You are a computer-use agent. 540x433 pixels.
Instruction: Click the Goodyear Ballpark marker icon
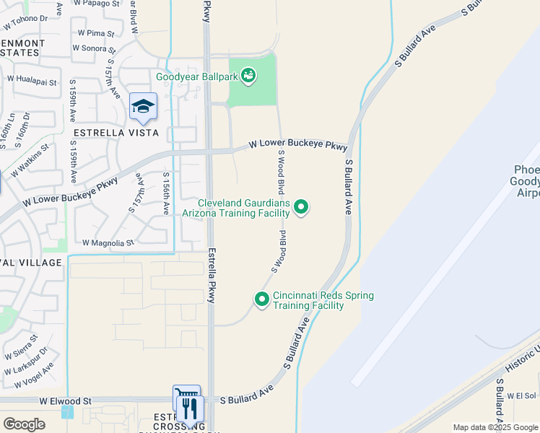coord(249,75)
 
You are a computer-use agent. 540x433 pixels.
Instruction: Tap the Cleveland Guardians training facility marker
coord(301,209)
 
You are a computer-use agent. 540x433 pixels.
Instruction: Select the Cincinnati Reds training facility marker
coord(261,298)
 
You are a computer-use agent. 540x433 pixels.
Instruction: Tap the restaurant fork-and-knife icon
coord(190,409)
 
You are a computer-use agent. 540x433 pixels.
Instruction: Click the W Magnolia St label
coord(108,243)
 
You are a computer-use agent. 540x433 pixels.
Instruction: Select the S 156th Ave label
coord(166,193)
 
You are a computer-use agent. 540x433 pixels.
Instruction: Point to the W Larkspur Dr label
coord(25,361)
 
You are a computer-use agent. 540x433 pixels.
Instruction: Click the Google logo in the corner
coord(24,424)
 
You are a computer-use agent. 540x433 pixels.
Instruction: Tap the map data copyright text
coord(496,427)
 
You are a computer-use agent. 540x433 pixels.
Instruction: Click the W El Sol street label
coord(523,395)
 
